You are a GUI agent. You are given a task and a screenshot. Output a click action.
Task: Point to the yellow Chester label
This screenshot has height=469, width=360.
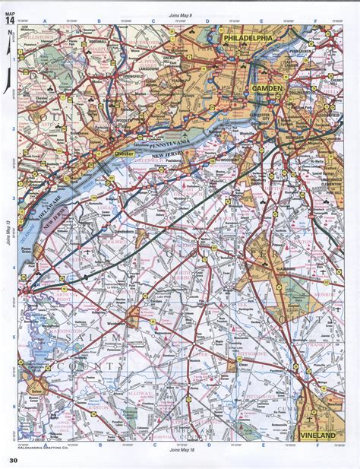click(123, 154)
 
